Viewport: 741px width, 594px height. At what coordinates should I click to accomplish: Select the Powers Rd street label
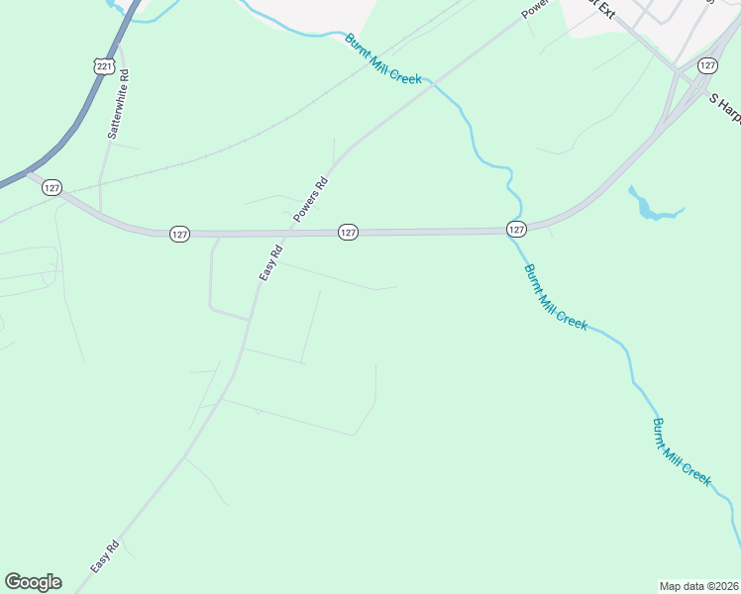(320, 197)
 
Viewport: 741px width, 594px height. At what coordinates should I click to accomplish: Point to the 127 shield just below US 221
(53, 187)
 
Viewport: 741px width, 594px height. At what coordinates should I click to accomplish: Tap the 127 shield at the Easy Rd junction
(178, 234)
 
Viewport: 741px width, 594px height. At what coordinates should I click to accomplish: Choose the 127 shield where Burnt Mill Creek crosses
(516, 229)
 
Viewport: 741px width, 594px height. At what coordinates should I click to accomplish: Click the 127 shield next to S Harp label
(706, 65)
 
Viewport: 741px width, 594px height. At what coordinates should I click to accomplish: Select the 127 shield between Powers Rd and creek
(348, 232)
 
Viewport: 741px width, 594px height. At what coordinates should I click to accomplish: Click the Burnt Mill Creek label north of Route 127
(383, 58)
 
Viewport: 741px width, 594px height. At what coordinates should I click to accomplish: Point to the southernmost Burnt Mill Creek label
(682, 451)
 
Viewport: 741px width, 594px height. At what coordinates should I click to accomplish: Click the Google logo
(33, 582)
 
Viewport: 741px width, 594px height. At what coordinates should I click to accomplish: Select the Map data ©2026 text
(698, 585)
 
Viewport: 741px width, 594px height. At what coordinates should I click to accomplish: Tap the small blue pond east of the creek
(648, 207)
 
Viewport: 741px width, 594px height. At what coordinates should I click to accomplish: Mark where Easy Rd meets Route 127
(287, 234)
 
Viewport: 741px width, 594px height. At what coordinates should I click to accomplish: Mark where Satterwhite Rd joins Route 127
(99, 213)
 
